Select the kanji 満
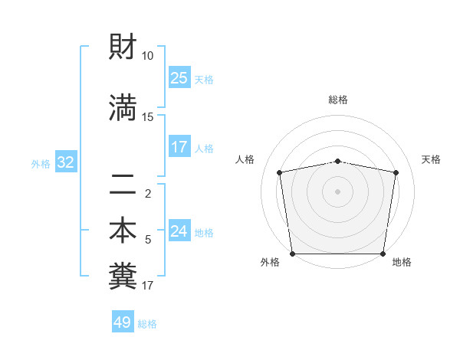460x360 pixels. click(123, 109)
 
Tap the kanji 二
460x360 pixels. click(123, 185)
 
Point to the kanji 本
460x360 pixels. click(123, 232)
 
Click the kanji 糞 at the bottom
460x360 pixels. click(123, 277)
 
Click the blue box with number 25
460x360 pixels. click(179, 78)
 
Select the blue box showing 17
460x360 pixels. click(179, 147)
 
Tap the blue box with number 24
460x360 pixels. click(179, 231)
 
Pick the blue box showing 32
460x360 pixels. click(65, 162)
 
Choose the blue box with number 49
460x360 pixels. click(123, 322)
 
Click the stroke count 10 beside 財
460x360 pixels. click(148, 56)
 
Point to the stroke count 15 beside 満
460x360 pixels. click(148, 116)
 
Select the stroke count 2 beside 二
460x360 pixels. click(148, 193)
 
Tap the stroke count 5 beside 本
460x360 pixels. click(148, 240)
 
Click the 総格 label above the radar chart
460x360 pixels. click(338, 100)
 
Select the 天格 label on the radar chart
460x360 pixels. click(432, 159)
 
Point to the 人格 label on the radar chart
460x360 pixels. click(245, 159)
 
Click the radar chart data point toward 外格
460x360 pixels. click(292, 254)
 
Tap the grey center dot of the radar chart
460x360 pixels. click(338, 191)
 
